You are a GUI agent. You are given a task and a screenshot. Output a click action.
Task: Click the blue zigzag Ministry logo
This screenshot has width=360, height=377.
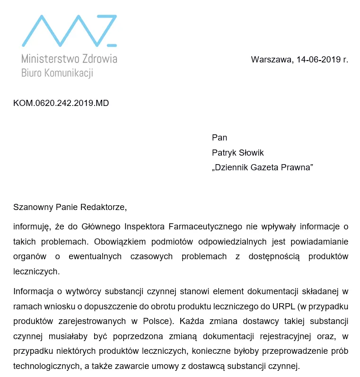69,31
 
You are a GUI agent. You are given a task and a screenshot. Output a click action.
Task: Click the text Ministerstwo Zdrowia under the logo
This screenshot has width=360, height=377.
69,59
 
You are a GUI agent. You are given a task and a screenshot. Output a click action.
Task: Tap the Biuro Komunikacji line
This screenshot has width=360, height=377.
57,73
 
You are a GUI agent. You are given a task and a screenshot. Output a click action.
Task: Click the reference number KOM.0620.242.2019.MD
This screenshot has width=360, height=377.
61,103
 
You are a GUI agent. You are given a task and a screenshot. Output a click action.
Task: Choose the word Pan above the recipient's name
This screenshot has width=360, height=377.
220,138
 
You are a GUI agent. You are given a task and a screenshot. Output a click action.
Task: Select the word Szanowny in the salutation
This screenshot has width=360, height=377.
33,207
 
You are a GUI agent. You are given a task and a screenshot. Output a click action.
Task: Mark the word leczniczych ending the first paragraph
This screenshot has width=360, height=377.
36,272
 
